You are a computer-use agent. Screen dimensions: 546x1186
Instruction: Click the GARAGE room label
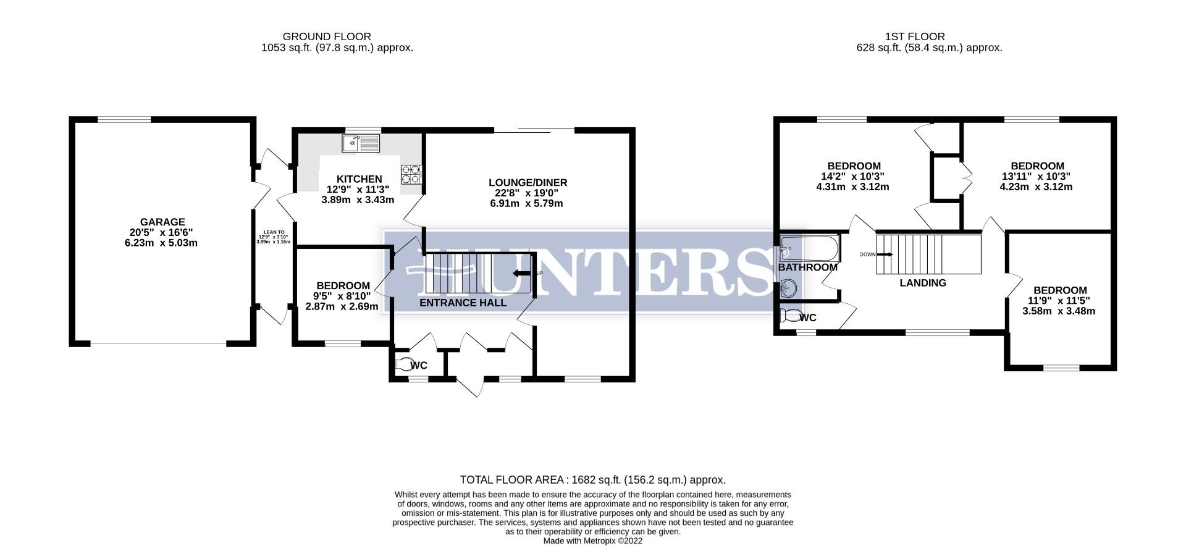click(x=162, y=222)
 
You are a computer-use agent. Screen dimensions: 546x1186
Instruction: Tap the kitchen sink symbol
click(x=361, y=143)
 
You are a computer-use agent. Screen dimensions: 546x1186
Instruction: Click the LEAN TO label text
click(x=273, y=232)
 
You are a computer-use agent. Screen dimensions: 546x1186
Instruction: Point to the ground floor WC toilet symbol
click(x=405, y=364)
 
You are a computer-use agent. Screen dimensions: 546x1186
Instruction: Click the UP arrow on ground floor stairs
click(x=522, y=274)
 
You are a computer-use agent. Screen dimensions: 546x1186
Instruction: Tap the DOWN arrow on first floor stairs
click(x=885, y=254)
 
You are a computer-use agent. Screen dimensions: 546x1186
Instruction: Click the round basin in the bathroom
click(x=788, y=288)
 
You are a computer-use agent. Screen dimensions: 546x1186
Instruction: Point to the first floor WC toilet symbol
click(x=789, y=317)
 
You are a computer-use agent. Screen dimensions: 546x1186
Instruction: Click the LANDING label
click(x=922, y=283)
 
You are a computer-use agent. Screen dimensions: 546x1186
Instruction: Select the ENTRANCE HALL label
click(x=463, y=303)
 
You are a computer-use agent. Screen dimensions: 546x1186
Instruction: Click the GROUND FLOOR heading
click(x=327, y=36)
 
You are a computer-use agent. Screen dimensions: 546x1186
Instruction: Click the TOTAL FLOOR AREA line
click(x=592, y=479)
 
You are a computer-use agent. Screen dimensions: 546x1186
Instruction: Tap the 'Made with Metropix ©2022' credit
click(x=592, y=540)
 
